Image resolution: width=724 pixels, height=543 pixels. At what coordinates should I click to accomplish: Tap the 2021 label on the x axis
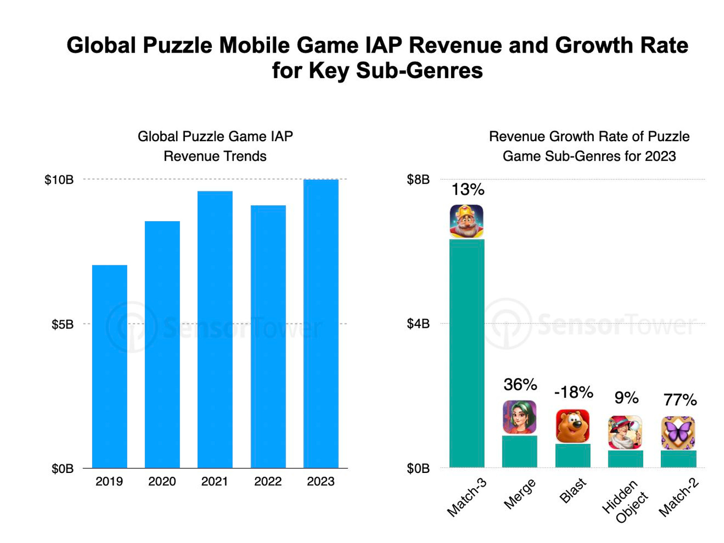[x=215, y=481]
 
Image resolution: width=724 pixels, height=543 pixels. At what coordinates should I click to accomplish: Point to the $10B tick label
[x=59, y=180]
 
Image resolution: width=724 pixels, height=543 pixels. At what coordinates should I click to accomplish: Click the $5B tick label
[x=63, y=324]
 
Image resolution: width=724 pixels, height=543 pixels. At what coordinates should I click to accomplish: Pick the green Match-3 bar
[x=467, y=353]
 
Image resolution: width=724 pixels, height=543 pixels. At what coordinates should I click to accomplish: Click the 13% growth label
[x=467, y=189]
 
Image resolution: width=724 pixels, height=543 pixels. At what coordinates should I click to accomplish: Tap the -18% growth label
[x=573, y=392]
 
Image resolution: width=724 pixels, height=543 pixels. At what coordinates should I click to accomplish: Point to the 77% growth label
[x=680, y=399]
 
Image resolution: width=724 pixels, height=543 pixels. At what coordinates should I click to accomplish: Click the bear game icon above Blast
[x=573, y=426]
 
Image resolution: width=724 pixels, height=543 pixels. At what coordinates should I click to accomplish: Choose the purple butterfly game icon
[x=678, y=433]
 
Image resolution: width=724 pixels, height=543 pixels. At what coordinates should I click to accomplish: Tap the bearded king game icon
[x=467, y=221]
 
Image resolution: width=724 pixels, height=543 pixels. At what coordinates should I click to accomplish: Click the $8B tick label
[x=418, y=180]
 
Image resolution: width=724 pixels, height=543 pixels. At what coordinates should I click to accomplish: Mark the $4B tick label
[x=418, y=324]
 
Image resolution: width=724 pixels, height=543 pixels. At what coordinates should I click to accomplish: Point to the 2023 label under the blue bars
[x=321, y=481]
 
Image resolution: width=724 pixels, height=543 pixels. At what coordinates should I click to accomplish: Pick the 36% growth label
[x=520, y=385]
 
